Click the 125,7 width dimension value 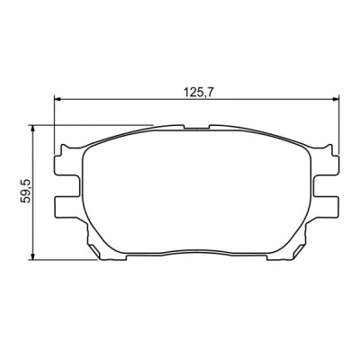pos(197,92)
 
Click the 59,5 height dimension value pos(26,191)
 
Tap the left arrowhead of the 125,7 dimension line pos(58,99)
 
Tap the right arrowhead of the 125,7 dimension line pos(335,99)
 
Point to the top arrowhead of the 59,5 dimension pos(33,129)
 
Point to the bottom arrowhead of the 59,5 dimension pos(33,256)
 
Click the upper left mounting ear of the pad pos(67,165)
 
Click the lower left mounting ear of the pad pos(67,207)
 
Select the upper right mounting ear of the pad pos(326,165)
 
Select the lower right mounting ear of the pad pos(326,207)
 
